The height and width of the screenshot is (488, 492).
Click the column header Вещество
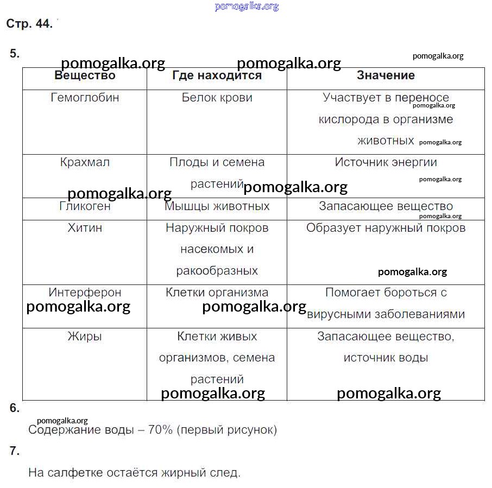pos(85,76)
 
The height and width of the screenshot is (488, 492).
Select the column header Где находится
pos(217,76)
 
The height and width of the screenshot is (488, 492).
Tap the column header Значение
pos(386,76)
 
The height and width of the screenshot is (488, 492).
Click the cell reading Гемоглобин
pos(85,98)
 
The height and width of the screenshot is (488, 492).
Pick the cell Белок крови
pos(217,98)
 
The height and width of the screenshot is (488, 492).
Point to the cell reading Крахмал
pos(85,162)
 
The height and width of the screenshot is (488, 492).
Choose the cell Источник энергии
pos(386,162)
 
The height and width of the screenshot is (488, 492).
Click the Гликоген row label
pos(85,206)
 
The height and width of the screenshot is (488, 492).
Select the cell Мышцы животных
pos(217,206)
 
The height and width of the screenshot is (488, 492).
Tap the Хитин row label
pos(85,228)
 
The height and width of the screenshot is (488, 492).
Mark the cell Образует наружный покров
pos(386,228)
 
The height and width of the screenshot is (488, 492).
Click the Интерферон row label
pos(85,293)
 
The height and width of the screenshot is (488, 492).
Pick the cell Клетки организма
pos(217,293)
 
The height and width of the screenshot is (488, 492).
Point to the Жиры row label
pos(85,337)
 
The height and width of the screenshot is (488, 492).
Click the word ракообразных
pos(217,270)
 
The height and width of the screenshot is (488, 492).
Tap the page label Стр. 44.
pos(29,24)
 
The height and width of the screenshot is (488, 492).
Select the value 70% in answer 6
pos(160,430)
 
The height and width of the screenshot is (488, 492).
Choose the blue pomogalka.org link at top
pos(247,7)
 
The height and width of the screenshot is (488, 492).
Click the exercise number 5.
pos(15,53)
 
